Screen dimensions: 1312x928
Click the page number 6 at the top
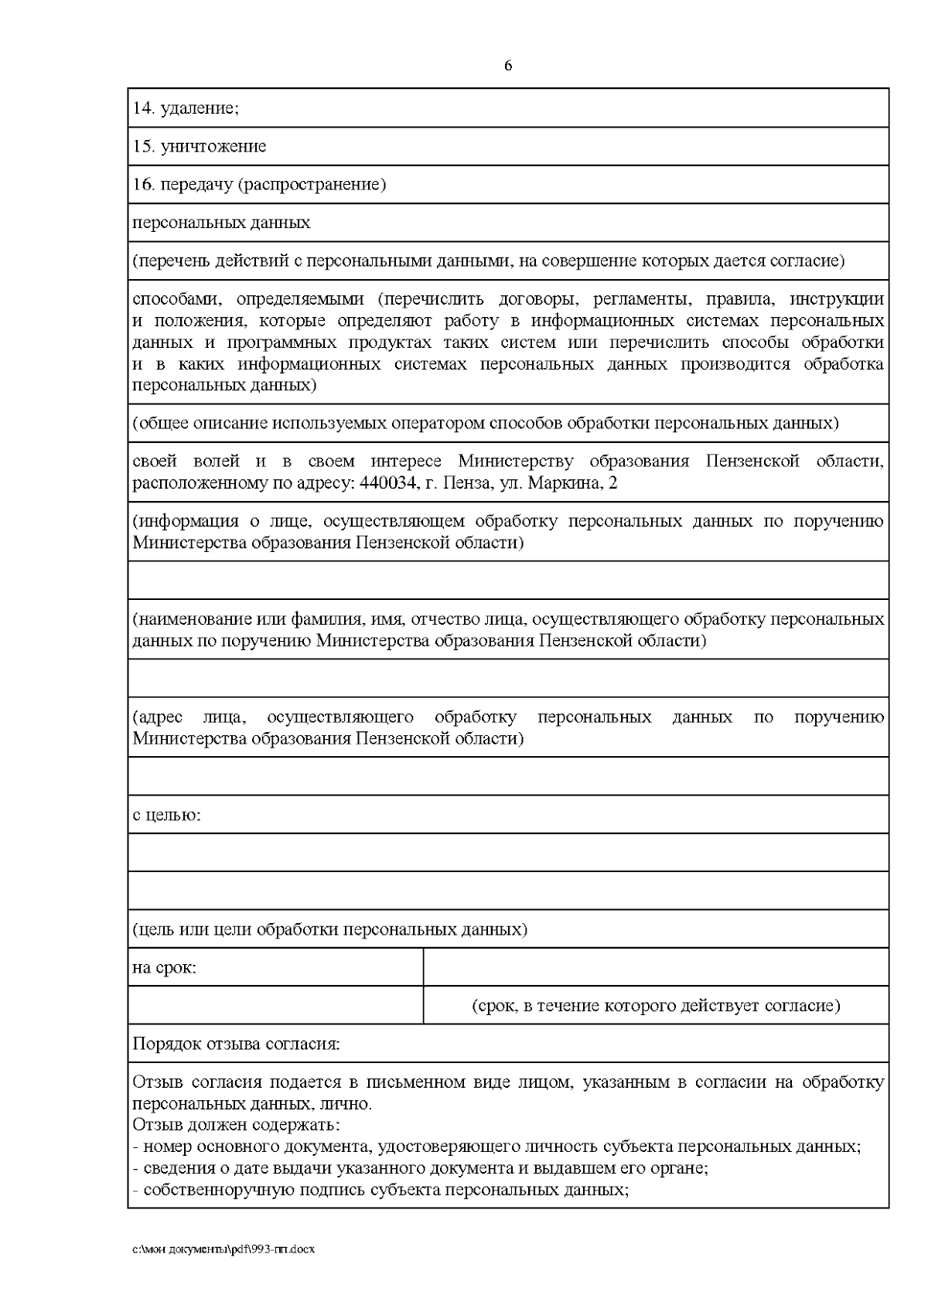point(507,66)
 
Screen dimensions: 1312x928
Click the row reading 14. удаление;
point(186,108)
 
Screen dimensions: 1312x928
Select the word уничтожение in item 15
point(213,146)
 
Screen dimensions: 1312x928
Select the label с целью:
point(166,815)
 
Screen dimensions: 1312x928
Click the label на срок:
point(164,967)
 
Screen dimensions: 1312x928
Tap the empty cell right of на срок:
point(655,967)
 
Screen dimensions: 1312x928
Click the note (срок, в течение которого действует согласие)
point(655,1006)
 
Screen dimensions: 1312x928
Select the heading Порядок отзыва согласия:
point(236,1044)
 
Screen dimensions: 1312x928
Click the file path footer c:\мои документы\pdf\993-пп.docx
point(223,1249)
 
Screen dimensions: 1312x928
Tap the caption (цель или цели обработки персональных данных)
point(329,929)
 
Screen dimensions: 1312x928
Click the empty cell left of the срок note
point(275,1006)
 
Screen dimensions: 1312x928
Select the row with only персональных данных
point(221,223)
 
